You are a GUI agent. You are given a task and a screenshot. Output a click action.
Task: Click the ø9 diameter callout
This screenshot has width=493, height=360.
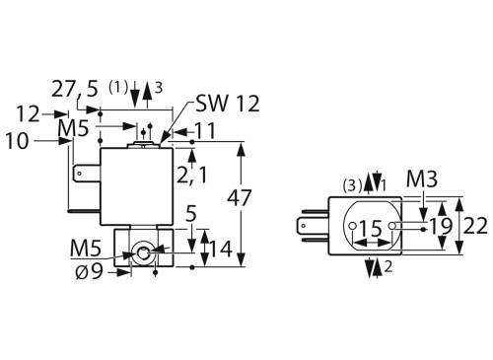tap(88, 271)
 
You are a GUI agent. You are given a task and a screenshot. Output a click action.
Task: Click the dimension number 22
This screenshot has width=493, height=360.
tap(476, 226)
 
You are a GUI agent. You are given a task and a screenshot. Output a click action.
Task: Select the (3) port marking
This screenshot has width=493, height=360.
tap(352, 183)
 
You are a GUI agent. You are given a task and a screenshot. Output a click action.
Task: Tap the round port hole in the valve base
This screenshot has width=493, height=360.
tap(145, 254)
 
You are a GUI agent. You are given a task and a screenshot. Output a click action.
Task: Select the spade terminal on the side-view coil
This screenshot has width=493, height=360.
tap(82, 180)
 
